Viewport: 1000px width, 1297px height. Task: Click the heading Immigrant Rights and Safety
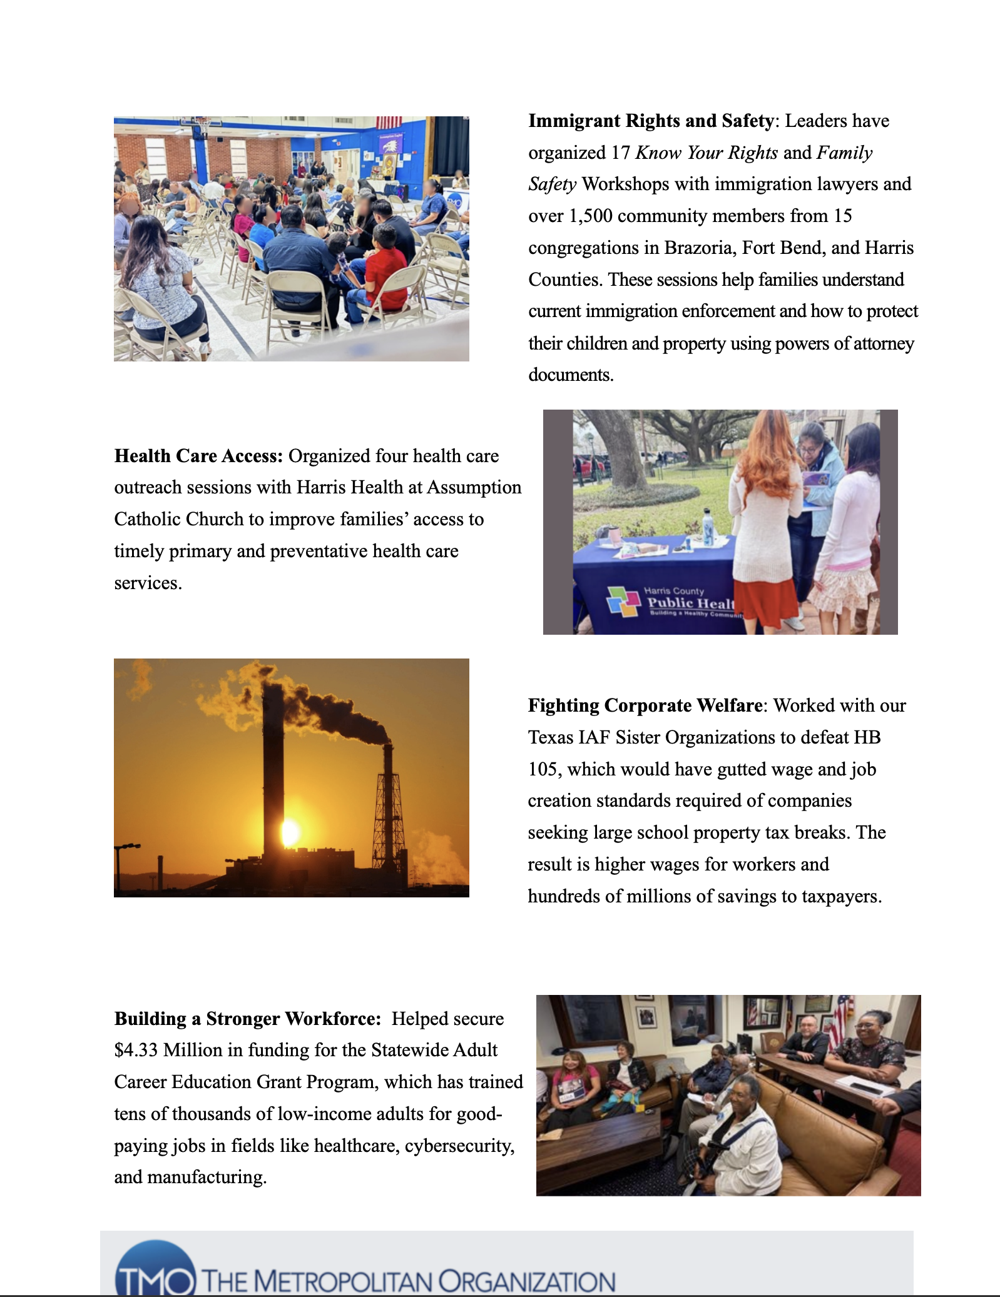coord(651,121)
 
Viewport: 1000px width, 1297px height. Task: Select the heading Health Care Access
coord(198,456)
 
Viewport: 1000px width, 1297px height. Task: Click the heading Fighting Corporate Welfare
coord(645,705)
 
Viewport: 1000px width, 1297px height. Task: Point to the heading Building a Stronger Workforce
coord(247,1019)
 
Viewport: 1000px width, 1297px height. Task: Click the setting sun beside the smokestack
coord(290,832)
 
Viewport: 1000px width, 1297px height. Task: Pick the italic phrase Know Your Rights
coord(707,153)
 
